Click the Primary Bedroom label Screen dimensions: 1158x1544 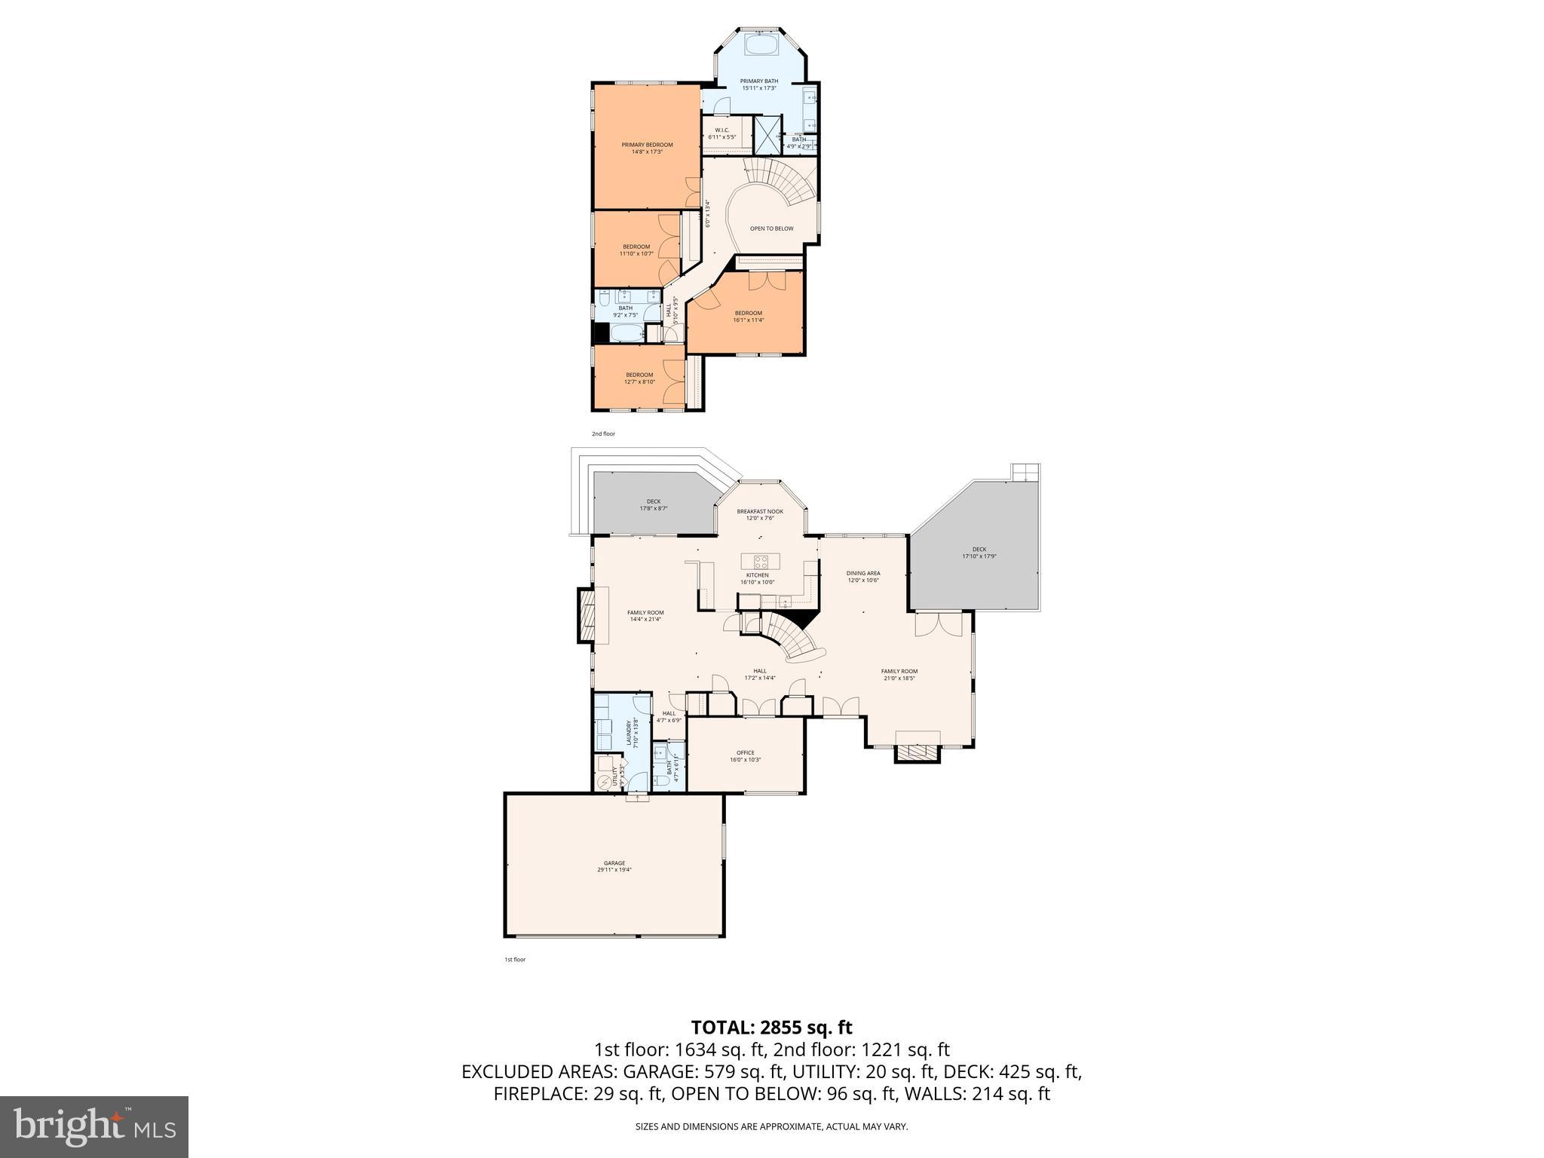pyautogui.click(x=647, y=148)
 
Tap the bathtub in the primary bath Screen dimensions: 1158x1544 pyautogui.click(x=759, y=44)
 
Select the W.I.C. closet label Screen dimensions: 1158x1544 pyautogui.click(x=721, y=133)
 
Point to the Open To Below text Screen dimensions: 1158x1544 pyautogui.click(x=771, y=228)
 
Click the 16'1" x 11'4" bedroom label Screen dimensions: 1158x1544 pyautogui.click(x=748, y=316)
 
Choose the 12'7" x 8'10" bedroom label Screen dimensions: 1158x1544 pyautogui.click(x=639, y=378)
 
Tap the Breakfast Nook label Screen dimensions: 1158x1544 pyautogui.click(x=760, y=514)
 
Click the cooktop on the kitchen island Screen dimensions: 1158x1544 pyautogui.click(x=760, y=562)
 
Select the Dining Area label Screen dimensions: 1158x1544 pyautogui.click(x=863, y=576)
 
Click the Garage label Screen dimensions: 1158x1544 pyautogui.click(x=614, y=866)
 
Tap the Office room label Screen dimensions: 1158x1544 pyautogui.click(x=745, y=755)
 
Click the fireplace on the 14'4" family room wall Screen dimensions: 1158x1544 pyautogui.click(x=587, y=615)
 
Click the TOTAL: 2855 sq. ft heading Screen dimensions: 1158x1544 pyautogui.click(x=771, y=1027)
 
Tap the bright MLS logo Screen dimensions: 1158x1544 pyautogui.click(x=94, y=1126)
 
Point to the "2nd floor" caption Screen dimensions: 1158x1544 pyautogui.click(x=603, y=434)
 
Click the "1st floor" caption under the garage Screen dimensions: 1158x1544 pyautogui.click(x=515, y=960)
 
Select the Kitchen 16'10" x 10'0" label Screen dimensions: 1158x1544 pyautogui.click(x=757, y=578)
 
